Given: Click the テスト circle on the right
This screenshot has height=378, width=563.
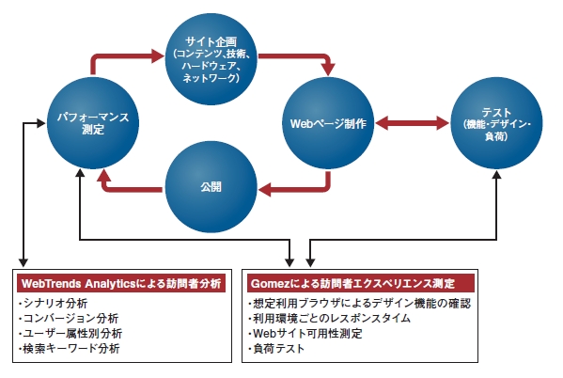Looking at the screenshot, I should [495, 122].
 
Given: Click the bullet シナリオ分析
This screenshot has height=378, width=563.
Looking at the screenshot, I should [54, 304].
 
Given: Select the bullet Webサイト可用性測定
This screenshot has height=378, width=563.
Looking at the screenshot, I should [306, 334].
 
